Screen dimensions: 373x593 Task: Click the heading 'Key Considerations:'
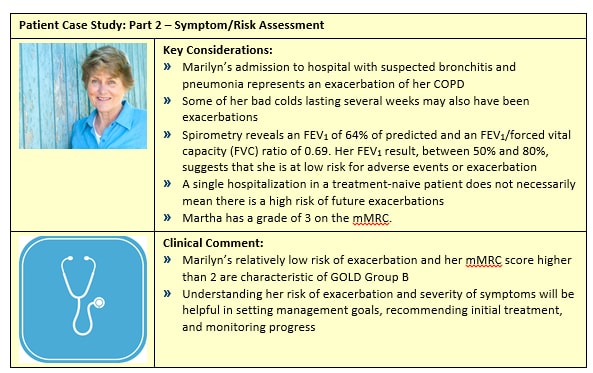(x=218, y=49)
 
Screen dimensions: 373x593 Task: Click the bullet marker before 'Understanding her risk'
(x=167, y=292)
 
